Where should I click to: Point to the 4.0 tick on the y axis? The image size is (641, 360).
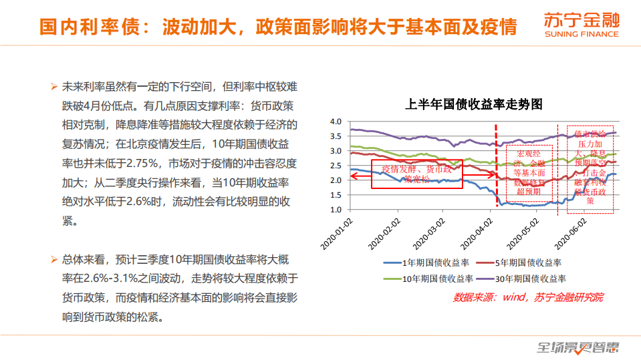click(336, 122)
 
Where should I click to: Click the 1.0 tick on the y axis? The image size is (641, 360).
click(336, 210)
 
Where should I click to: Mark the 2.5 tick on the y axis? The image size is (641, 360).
click(336, 166)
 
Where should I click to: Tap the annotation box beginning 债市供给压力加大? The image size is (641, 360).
click(590, 168)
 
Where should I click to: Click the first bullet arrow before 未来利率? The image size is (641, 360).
click(53, 87)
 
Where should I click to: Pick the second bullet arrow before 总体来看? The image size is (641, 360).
click(53, 259)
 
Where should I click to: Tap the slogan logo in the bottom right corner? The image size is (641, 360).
click(579, 347)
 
